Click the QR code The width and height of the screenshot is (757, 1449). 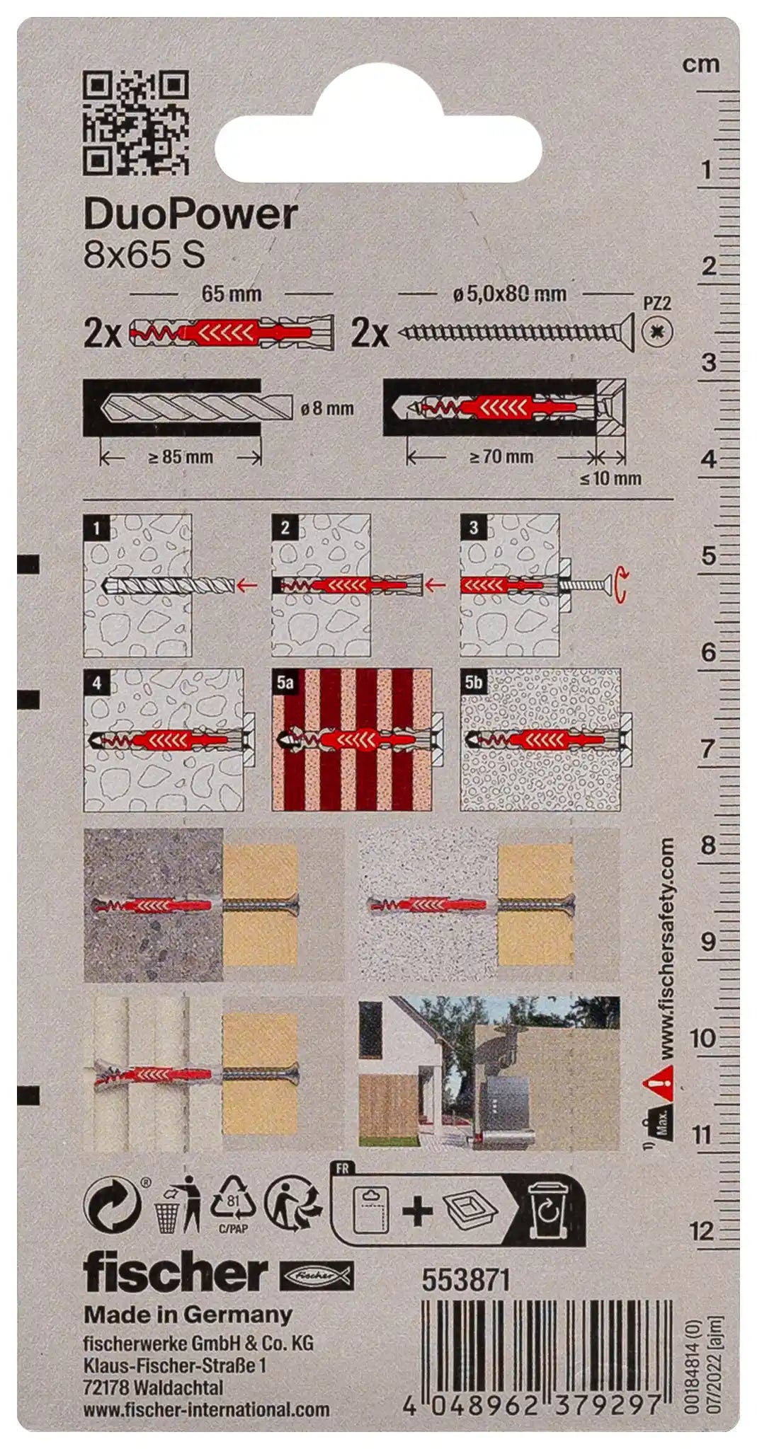pos(136,122)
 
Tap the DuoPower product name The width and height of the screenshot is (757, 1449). pos(190,214)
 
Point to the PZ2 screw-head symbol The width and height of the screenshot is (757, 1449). pos(658,331)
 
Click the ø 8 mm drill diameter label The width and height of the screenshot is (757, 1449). pos(327,408)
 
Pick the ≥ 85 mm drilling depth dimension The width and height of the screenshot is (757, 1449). pos(181,457)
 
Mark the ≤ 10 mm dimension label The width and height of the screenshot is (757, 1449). pos(610,478)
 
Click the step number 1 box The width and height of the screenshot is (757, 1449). pos(96,527)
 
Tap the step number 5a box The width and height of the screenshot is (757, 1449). pos(285,682)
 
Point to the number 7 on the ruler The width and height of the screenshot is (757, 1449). pos(707,749)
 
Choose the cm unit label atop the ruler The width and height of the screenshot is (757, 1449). pos(701,64)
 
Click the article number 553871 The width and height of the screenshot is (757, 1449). pos(465,1280)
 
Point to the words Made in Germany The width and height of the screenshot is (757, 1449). pos(188,1315)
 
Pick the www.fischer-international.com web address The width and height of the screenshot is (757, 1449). pos(206,1409)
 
